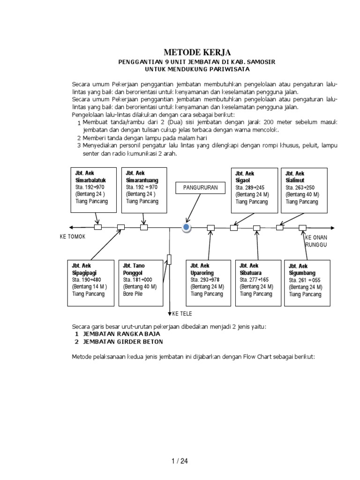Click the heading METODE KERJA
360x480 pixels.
pyautogui.click(x=197, y=52)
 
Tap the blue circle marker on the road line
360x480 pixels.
pyautogui.click(x=187, y=228)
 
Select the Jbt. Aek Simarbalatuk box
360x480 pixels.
pyautogui.click(x=92, y=187)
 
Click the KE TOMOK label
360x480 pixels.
pyautogui.click(x=73, y=237)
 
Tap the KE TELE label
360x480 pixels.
pyautogui.click(x=183, y=314)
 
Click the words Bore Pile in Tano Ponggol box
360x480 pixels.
pyautogui.click(x=133, y=294)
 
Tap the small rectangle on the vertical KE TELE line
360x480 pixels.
pyautogui.click(x=169, y=259)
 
